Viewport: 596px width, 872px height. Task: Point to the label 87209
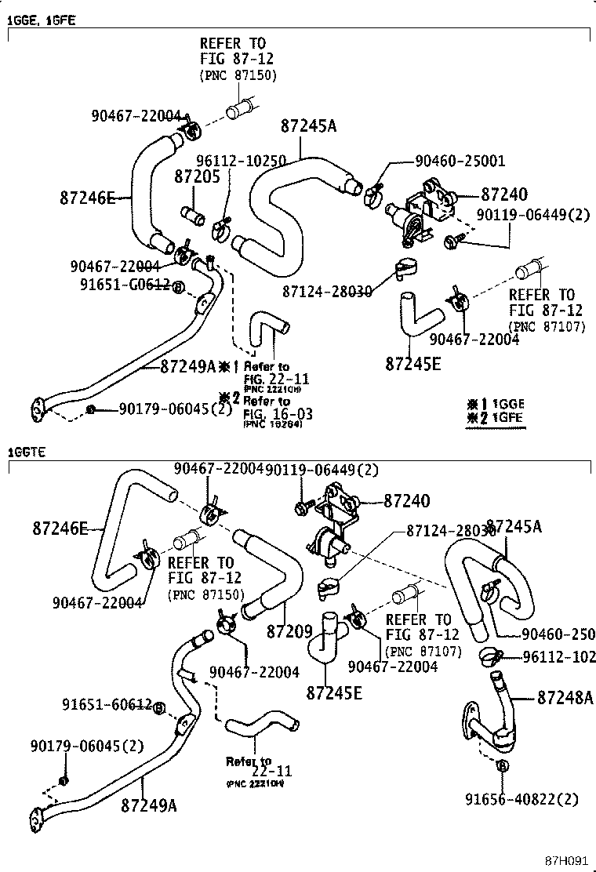[x=289, y=631]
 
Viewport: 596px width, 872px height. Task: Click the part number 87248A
[x=565, y=696]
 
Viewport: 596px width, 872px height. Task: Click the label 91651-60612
[x=107, y=706]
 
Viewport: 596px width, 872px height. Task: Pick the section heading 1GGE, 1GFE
[x=41, y=21]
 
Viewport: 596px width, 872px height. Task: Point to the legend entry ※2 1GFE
[x=495, y=418]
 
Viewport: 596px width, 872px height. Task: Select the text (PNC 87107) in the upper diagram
[x=547, y=326]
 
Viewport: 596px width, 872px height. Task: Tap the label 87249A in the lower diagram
[x=149, y=805]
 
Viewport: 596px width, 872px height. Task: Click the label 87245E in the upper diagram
[x=413, y=363]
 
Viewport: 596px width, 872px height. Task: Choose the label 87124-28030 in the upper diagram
[x=329, y=291]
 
